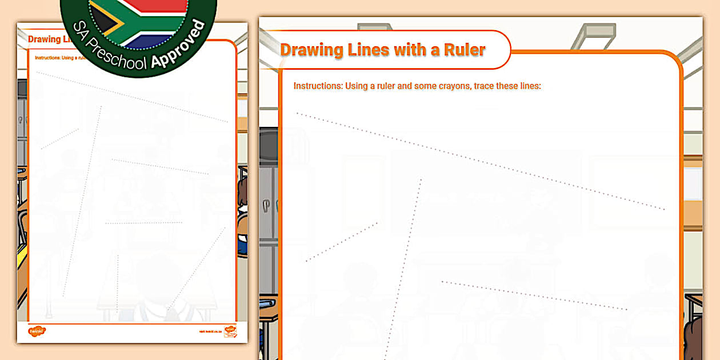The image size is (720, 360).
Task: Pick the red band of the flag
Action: (154, 5)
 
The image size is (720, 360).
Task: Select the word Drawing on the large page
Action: (311, 50)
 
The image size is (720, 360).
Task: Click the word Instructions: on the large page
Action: (318, 86)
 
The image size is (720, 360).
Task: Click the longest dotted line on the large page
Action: (480, 161)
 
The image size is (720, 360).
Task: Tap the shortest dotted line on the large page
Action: (342, 242)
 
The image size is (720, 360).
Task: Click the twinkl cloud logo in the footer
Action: (37, 330)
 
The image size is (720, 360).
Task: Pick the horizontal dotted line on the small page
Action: (143, 223)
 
